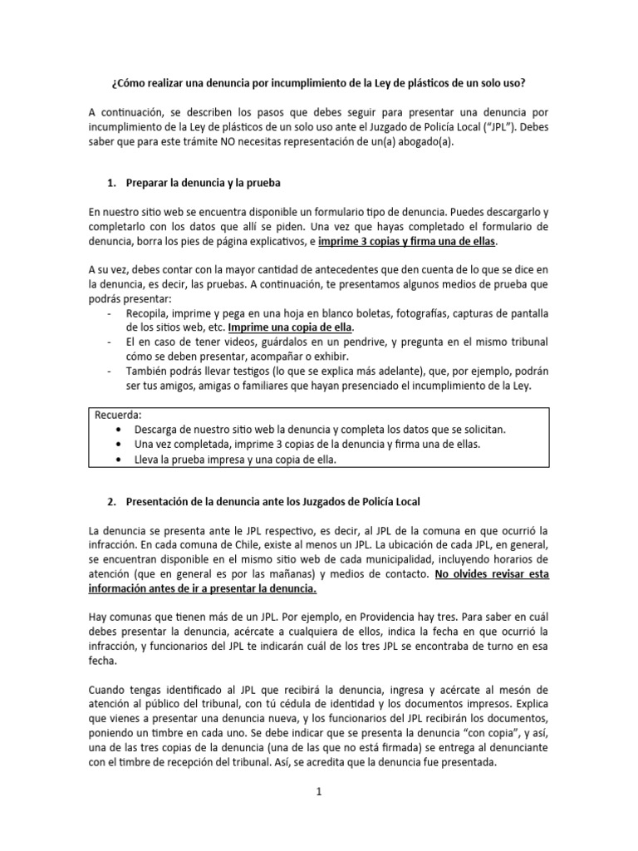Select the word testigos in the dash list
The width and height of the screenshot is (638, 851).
pos(260,371)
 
